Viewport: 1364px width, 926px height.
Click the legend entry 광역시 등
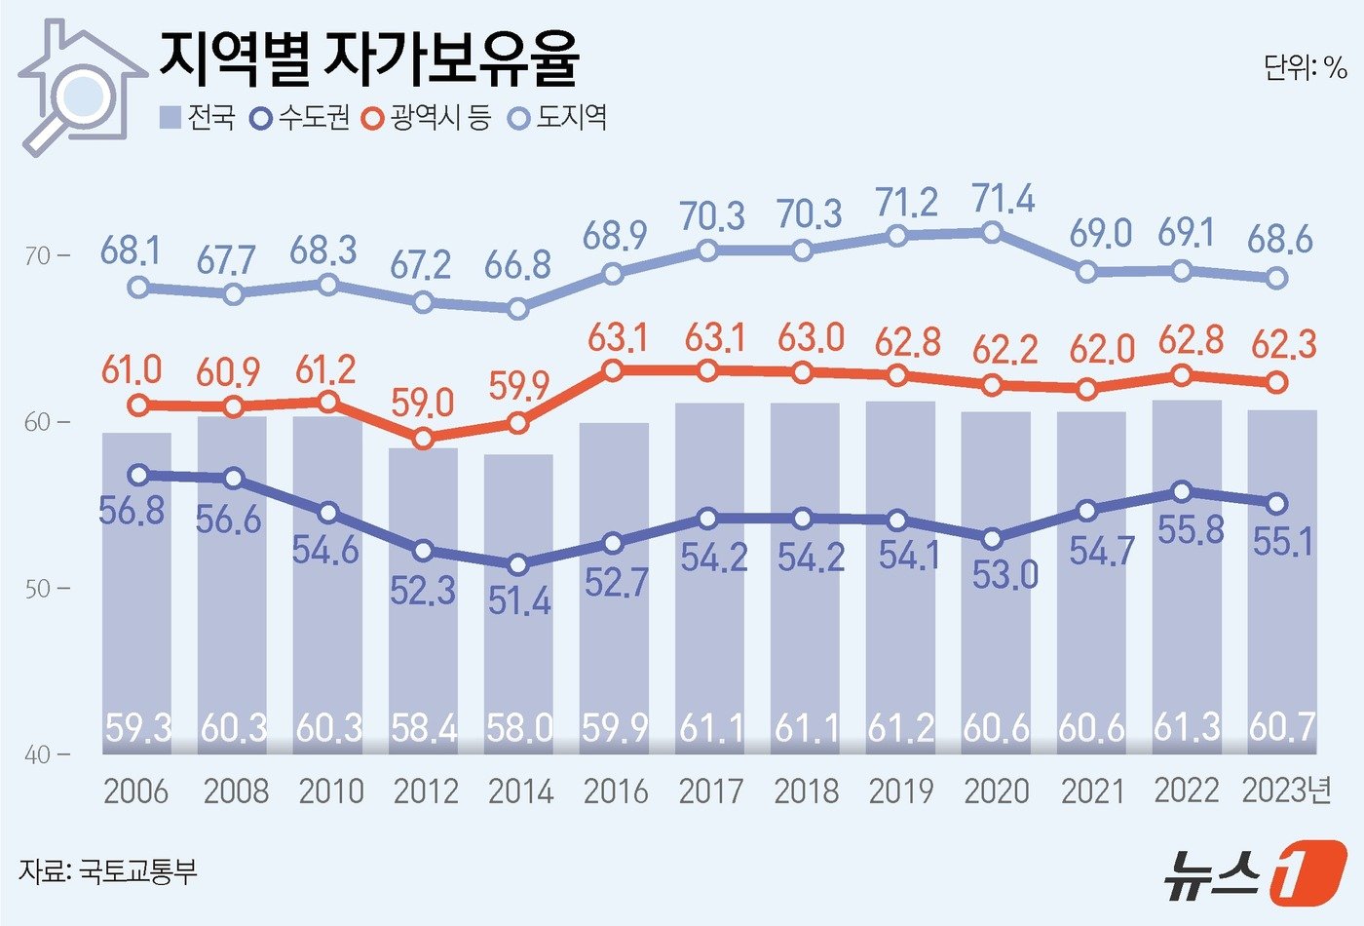(427, 118)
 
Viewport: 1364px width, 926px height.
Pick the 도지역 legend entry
(559, 118)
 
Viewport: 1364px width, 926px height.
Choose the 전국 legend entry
(197, 118)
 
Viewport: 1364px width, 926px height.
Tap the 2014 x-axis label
(520, 791)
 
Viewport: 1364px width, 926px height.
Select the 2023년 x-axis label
(1286, 791)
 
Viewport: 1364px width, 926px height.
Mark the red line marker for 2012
(423, 439)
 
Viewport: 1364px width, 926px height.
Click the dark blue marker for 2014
(518, 564)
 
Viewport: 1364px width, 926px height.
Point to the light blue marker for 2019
(898, 235)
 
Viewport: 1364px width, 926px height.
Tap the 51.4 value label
(519, 601)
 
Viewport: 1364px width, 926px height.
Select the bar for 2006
(136, 585)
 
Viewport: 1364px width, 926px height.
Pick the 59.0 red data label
(424, 402)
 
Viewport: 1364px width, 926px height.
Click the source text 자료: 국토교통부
(107, 870)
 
